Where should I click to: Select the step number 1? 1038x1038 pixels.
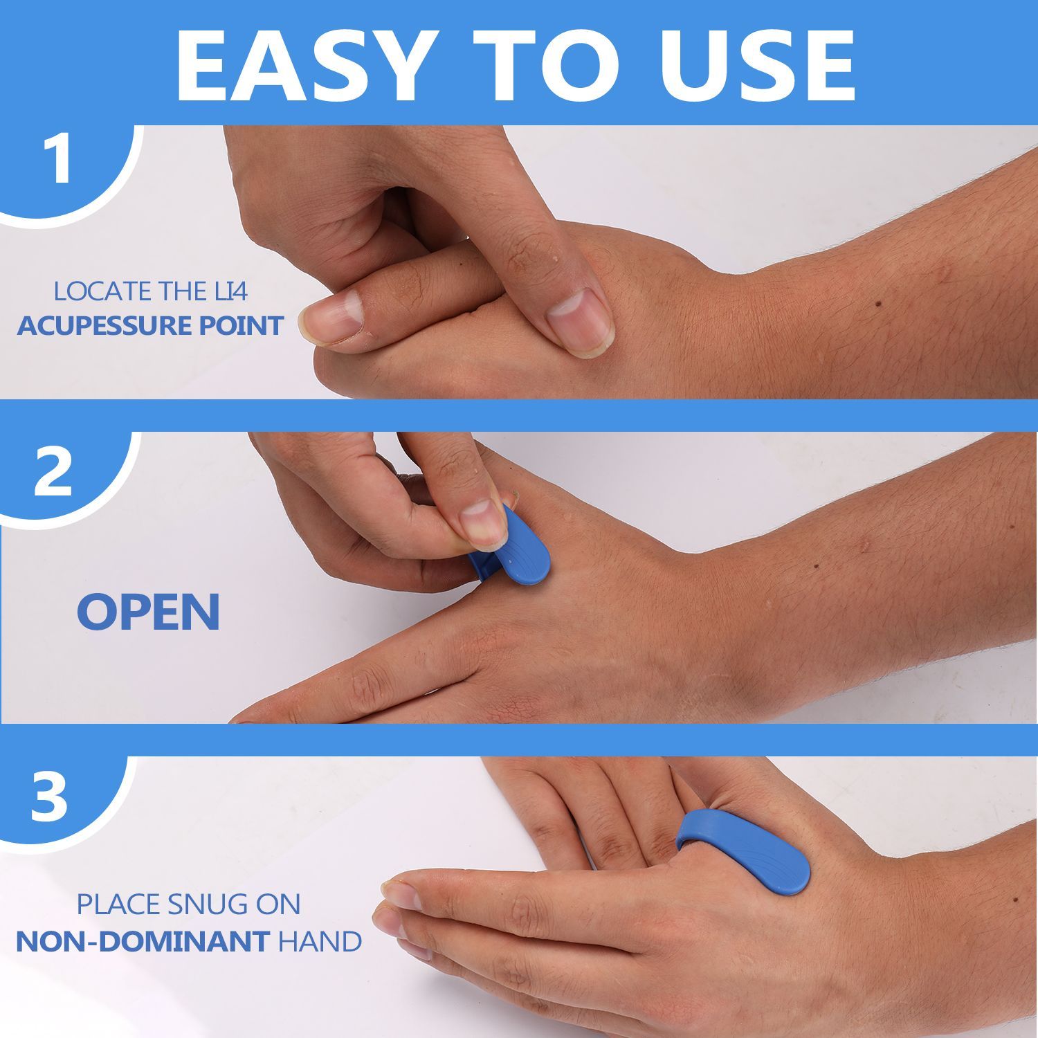[60, 160]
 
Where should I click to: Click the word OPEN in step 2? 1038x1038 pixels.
[148, 611]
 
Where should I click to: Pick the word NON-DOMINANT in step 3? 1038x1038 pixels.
[143, 941]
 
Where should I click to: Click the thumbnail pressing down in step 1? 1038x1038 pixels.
[579, 313]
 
